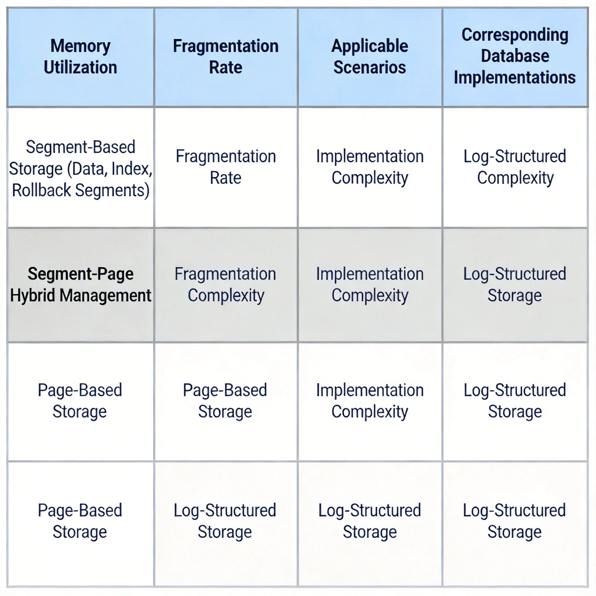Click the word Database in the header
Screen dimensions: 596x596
tap(515, 56)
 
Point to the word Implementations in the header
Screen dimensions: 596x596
tap(515, 77)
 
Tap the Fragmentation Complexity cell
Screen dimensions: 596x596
tap(226, 284)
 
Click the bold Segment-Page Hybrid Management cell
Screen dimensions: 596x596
tap(81, 284)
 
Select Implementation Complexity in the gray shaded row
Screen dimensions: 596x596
tap(370, 284)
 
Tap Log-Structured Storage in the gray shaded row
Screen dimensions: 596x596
tap(515, 284)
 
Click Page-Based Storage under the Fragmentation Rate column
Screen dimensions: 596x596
tap(225, 401)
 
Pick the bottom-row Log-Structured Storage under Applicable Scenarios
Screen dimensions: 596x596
tap(370, 521)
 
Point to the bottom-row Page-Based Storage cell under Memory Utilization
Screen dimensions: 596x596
tap(80, 521)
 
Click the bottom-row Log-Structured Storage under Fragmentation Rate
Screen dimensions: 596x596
tap(225, 521)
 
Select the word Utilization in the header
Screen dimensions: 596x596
tap(81, 67)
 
